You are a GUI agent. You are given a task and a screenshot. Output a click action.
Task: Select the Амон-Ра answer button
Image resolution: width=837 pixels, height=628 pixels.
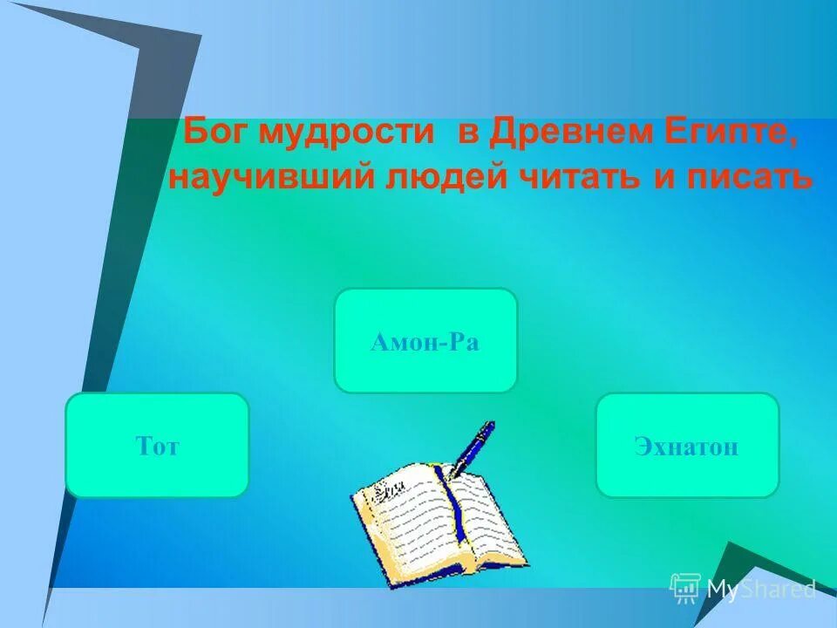[x=425, y=340]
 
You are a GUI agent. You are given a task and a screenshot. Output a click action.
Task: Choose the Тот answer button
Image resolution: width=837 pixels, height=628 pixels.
[x=157, y=445]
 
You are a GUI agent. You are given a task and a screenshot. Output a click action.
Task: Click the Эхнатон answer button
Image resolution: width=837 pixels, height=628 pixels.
[x=687, y=445]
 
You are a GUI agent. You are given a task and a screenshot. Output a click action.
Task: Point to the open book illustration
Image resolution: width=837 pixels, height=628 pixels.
[x=440, y=523]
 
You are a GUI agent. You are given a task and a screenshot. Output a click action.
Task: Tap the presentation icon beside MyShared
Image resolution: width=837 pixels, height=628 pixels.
[x=685, y=589]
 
